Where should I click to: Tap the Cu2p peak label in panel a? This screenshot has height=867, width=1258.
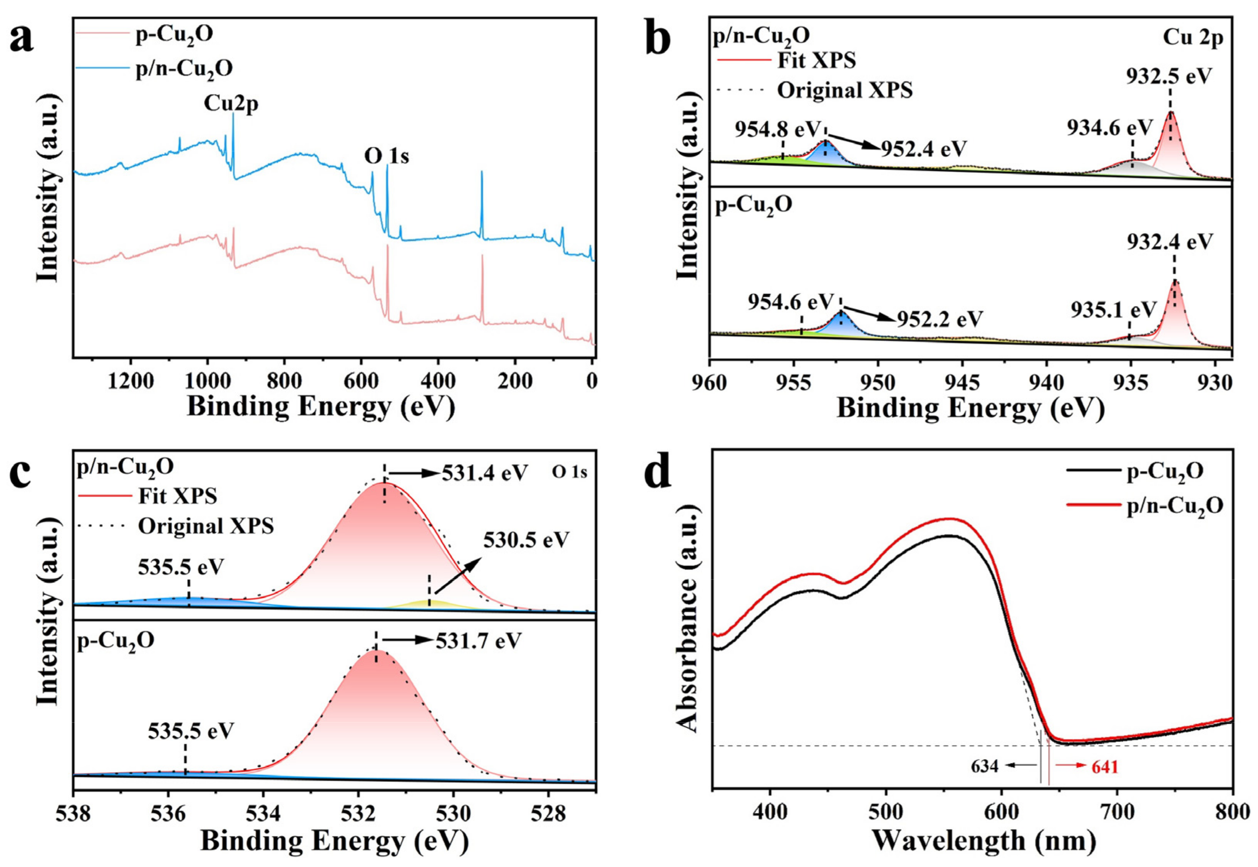231,103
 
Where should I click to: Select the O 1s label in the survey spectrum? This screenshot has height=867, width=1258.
386,156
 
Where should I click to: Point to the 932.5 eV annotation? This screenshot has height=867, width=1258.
1168,76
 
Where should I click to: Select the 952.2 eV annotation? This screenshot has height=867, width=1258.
939,319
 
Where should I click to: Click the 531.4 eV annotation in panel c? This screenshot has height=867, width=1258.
484,473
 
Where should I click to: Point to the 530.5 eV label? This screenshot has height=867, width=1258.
526,540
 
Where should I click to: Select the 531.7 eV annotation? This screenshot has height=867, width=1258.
478,641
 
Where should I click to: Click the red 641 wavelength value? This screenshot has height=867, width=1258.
1103,767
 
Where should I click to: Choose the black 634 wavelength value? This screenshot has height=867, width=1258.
985,767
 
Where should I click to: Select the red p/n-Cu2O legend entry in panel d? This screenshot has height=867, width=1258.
1168,506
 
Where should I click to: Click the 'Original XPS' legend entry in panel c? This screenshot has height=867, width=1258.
205,526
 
